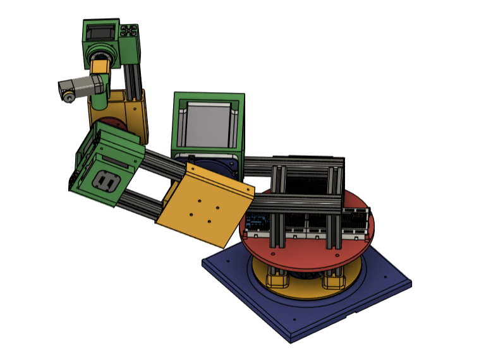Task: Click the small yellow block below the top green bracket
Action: (99, 66)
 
